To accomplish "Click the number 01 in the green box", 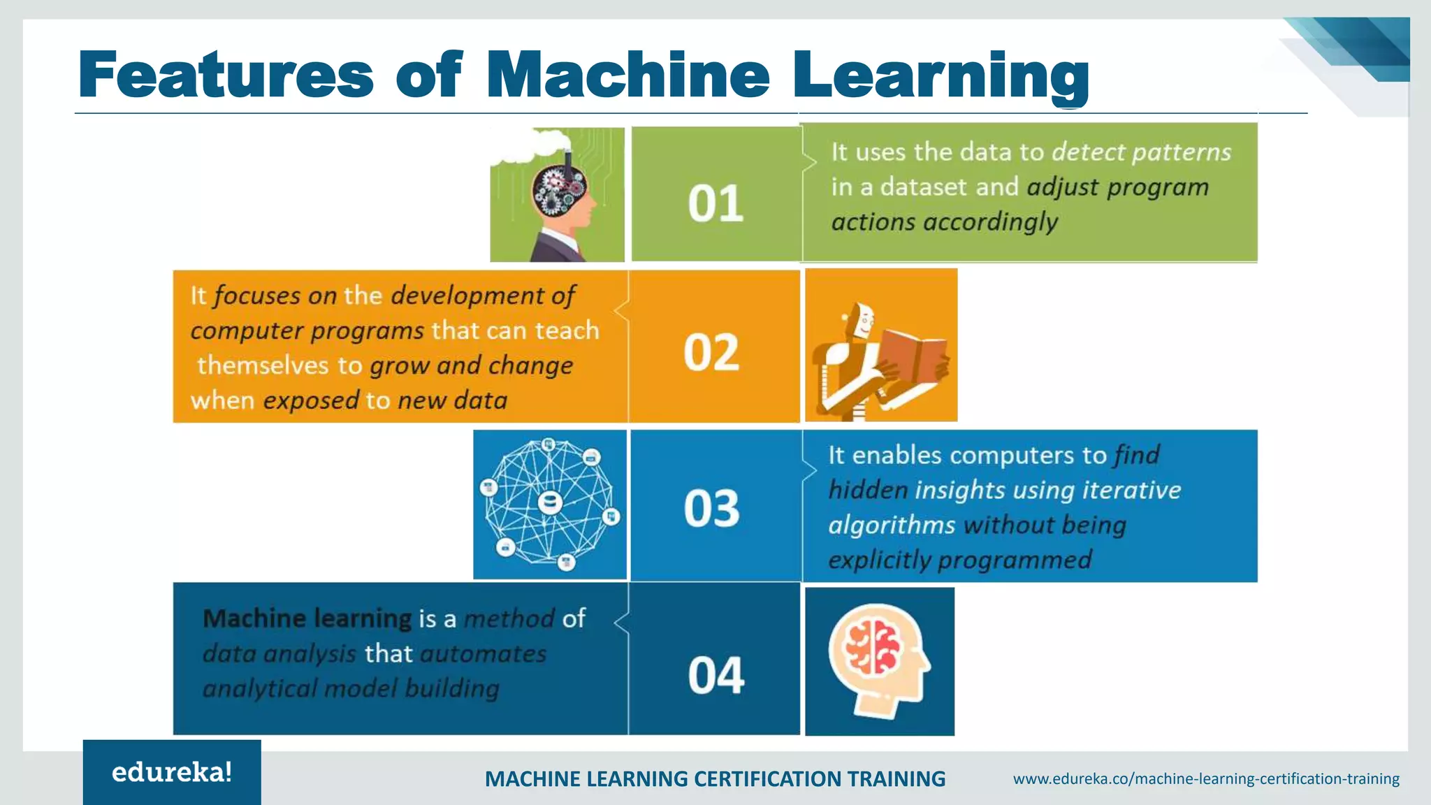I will point(715,203).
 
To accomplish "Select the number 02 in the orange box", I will point(711,352).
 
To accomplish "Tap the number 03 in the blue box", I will point(711,508).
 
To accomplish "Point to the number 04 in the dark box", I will point(715,676).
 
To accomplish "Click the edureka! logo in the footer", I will point(172,772).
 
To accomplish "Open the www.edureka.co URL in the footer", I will point(1206,778).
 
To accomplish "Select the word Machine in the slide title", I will point(627,75).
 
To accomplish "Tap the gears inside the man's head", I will point(557,191).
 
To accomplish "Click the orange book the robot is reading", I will point(911,356).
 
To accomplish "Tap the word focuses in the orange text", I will point(256,296).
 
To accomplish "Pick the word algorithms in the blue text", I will point(892,525).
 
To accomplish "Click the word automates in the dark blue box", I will point(483,654).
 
